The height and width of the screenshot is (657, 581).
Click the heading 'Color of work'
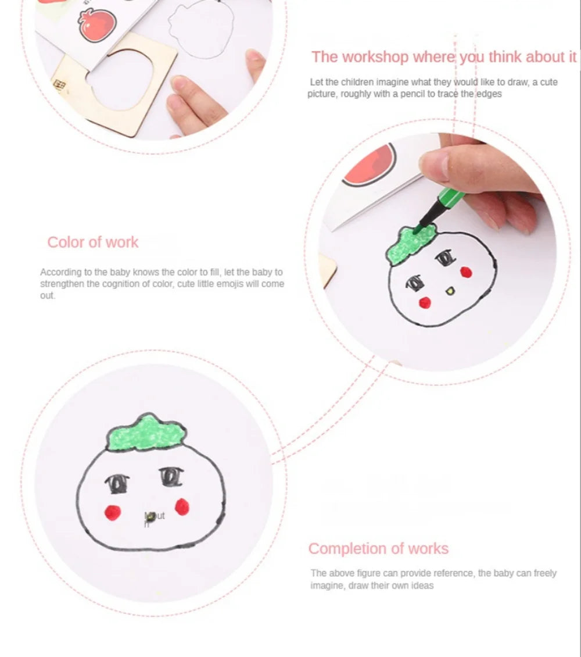[93, 242]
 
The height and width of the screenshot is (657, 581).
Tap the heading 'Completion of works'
[378, 549]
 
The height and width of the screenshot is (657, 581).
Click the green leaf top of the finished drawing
[146, 433]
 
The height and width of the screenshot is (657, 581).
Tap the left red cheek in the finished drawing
[112, 512]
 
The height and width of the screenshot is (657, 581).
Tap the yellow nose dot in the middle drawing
[449, 290]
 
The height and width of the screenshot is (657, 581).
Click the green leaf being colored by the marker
[411, 243]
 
